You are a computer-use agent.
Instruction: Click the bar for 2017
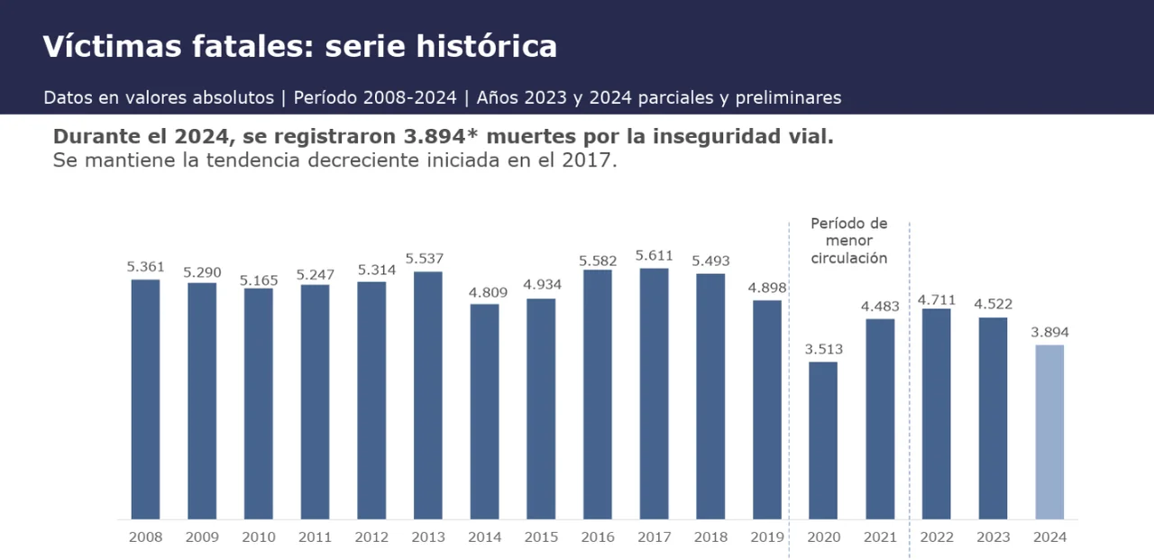click(655, 393)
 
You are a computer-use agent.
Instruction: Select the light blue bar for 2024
click(1049, 432)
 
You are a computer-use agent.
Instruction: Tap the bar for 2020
click(823, 440)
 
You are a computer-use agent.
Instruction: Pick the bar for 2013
click(428, 395)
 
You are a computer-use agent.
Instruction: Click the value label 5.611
click(655, 256)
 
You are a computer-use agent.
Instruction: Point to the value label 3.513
click(823, 350)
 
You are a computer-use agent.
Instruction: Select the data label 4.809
click(485, 292)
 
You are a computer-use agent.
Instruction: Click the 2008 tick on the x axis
click(146, 537)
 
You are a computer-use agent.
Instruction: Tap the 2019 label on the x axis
click(767, 537)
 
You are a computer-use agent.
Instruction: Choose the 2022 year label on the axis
click(937, 537)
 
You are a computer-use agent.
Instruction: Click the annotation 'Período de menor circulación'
click(848, 241)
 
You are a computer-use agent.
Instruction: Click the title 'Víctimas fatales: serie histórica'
click(299, 47)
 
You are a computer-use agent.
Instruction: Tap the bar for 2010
click(259, 403)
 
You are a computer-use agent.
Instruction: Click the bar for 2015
click(541, 409)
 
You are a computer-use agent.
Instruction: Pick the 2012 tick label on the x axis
click(371, 537)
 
